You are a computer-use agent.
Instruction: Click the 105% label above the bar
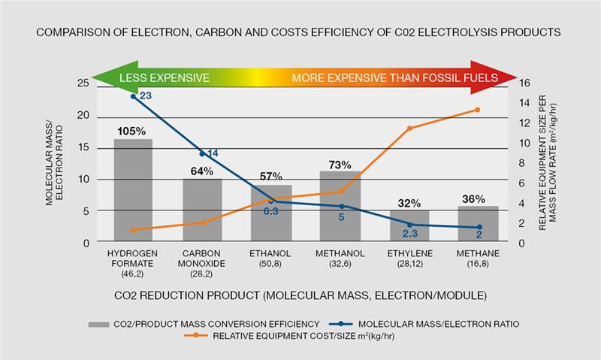[x=132, y=131]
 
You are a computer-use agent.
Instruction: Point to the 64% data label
[x=203, y=171]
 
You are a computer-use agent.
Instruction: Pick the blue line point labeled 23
[x=134, y=96]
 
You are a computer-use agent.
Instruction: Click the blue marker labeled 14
[x=202, y=154]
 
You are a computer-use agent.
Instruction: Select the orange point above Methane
[x=478, y=110]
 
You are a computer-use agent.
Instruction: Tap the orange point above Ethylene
[x=409, y=129]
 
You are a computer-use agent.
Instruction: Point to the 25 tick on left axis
[x=83, y=84]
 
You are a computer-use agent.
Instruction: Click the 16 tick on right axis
[x=526, y=84]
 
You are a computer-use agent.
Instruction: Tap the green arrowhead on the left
[x=101, y=78]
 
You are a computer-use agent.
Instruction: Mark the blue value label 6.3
[x=272, y=212]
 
